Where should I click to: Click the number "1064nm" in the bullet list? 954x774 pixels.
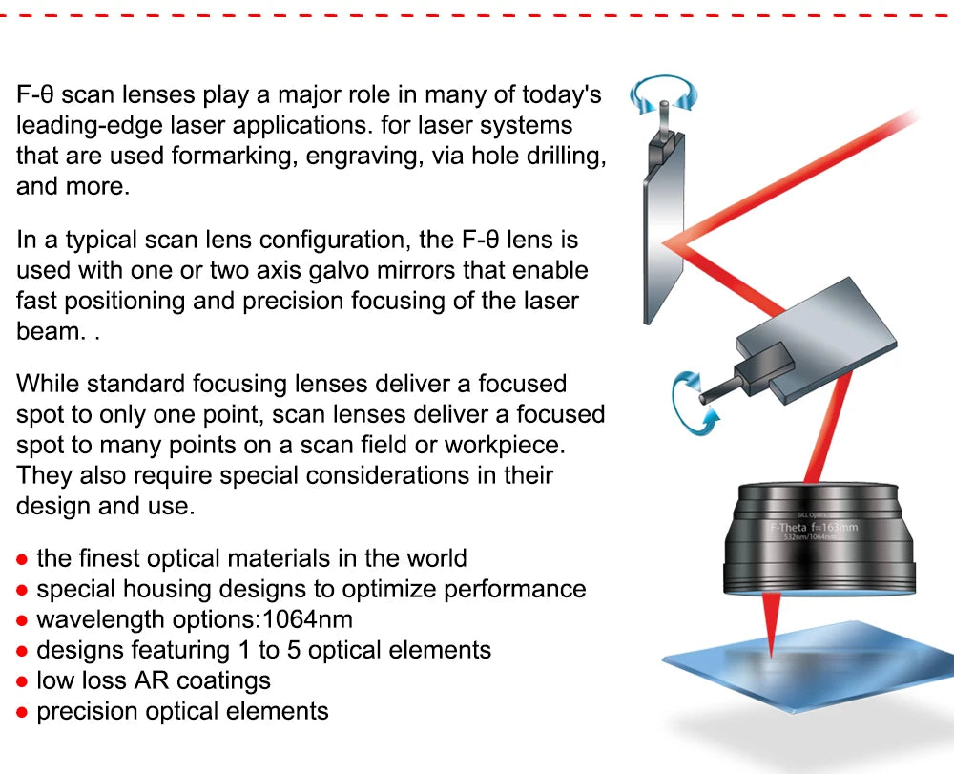coord(307,619)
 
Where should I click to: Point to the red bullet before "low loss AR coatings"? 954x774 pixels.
coord(22,681)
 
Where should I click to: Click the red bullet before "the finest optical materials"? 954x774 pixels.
coord(22,559)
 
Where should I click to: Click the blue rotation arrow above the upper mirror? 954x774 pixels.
coord(662,94)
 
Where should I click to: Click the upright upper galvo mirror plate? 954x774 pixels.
coord(659,229)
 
